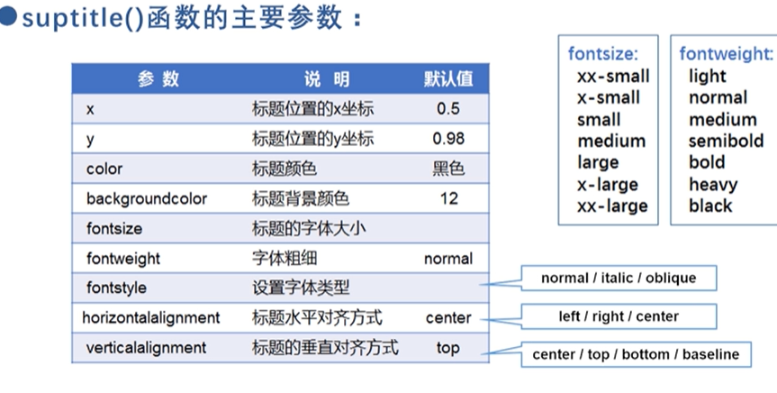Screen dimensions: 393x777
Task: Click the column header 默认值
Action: pyautogui.click(x=447, y=78)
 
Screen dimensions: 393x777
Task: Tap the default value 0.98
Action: pyautogui.click(x=448, y=139)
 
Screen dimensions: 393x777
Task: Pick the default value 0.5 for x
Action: pyautogui.click(x=448, y=109)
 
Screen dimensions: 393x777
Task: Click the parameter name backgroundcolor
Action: pyautogui.click(x=146, y=198)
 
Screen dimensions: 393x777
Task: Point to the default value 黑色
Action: pyautogui.click(x=448, y=169)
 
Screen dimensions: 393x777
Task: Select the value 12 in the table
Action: pyautogui.click(x=448, y=198)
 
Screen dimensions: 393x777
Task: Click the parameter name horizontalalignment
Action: pyautogui.click(x=151, y=317)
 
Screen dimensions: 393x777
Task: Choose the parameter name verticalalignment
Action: pyautogui.click(x=146, y=347)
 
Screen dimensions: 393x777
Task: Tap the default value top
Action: pyautogui.click(x=447, y=347)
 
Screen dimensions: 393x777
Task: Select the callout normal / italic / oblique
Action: pyautogui.click(x=618, y=279)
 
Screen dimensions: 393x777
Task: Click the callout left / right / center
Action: pyautogui.click(x=618, y=316)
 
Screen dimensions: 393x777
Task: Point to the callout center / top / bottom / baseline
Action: pyautogui.click(x=636, y=354)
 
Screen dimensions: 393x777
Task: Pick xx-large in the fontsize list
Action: pyautogui.click(x=611, y=206)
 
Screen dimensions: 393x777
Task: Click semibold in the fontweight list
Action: pyautogui.click(x=726, y=141)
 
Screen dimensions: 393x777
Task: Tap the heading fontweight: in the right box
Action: pyautogui.click(x=726, y=54)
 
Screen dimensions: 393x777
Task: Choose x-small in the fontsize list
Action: pyautogui.click(x=609, y=97)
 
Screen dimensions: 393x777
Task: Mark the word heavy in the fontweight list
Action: pyautogui.click(x=713, y=184)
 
